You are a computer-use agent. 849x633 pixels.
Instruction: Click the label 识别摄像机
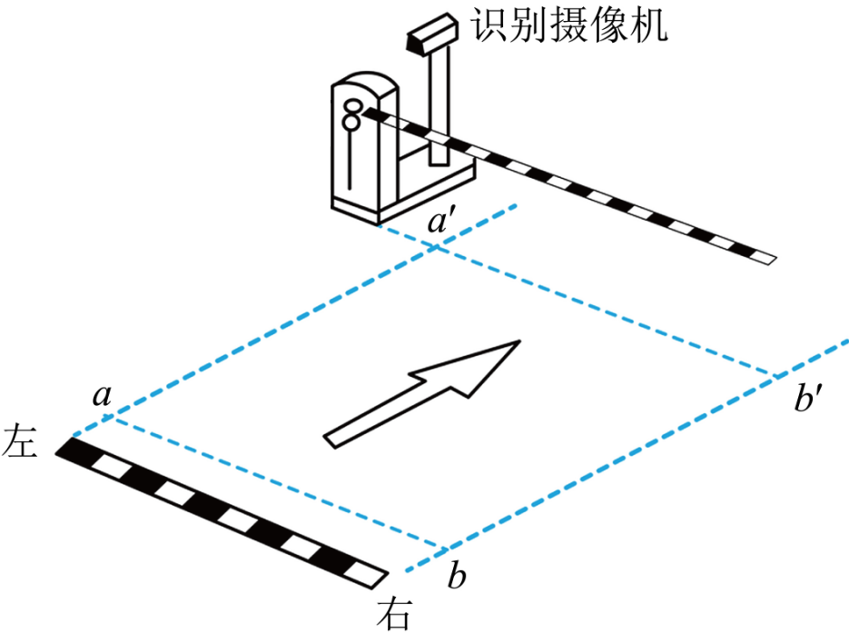(x=568, y=25)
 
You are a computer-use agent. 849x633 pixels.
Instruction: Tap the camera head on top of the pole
(x=432, y=34)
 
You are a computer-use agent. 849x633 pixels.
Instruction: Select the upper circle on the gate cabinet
(x=352, y=105)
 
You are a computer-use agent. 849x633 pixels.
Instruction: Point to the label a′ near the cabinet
(x=438, y=221)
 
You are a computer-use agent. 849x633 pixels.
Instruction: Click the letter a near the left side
(x=102, y=395)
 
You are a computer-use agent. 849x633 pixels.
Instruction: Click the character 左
(x=19, y=441)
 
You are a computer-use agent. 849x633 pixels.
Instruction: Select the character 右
(x=394, y=613)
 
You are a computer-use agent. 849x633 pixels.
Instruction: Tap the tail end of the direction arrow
(x=330, y=441)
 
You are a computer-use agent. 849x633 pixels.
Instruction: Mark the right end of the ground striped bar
(x=381, y=579)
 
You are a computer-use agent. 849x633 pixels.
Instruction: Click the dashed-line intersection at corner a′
(x=436, y=249)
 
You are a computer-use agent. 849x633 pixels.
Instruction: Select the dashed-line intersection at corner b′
(x=775, y=375)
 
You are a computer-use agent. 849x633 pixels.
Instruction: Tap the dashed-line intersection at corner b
(x=445, y=550)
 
